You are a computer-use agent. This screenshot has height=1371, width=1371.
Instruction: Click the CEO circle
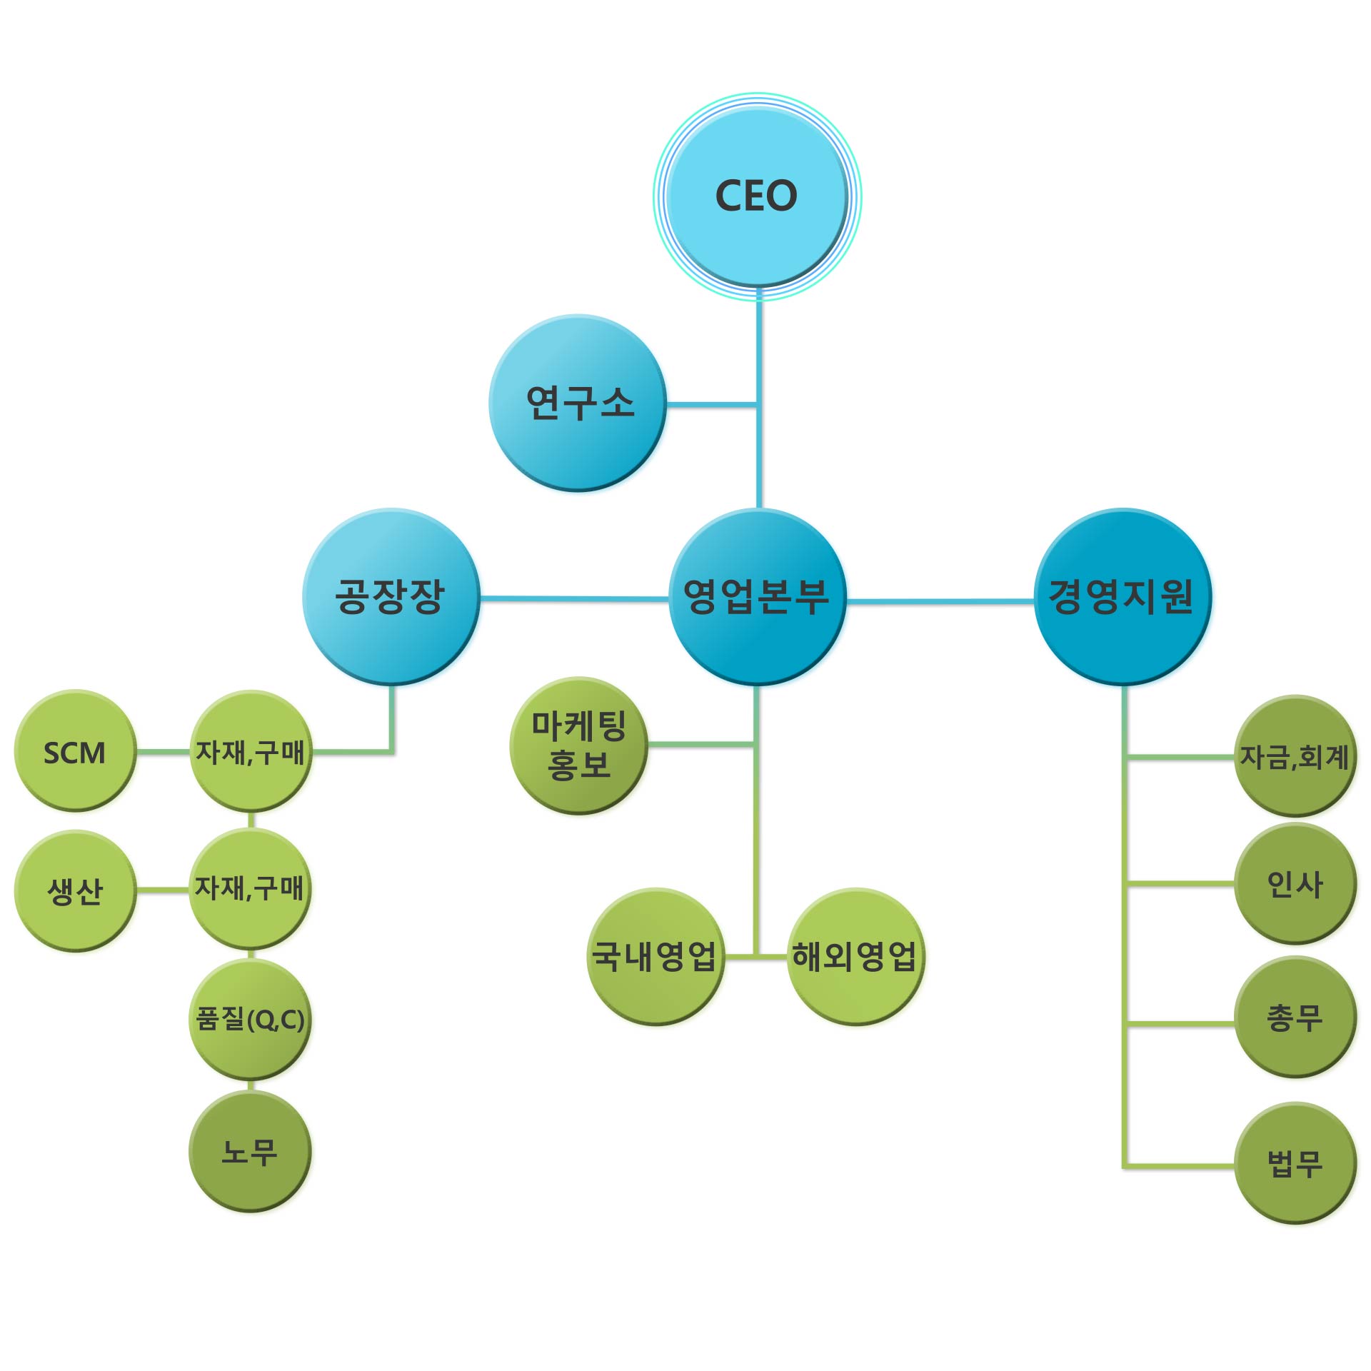click(x=757, y=196)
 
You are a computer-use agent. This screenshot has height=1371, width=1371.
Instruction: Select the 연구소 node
click(x=578, y=403)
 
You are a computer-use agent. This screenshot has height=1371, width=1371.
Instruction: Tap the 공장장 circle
click(x=391, y=596)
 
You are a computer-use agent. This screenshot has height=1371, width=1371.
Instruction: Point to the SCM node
click(x=75, y=751)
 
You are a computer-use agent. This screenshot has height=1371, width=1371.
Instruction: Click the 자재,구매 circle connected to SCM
click(x=250, y=751)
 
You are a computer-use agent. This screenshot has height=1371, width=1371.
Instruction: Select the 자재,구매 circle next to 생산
click(x=250, y=889)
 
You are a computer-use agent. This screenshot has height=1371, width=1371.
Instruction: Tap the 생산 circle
click(x=75, y=890)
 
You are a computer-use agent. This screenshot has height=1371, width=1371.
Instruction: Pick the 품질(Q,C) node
click(x=250, y=1020)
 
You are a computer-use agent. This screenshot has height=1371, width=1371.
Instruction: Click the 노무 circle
click(x=250, y=1151)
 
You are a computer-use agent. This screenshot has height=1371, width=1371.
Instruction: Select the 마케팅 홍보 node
click(x=578, y=745)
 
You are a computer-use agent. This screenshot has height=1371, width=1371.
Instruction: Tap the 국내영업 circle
click(x=655, y=956)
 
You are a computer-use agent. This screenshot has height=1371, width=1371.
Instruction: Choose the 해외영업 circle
click(x=855, y=956)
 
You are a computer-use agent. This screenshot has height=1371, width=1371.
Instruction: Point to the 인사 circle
click(x=1294, y=884)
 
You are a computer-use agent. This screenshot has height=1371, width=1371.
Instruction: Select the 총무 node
click(x=1294, y=1017)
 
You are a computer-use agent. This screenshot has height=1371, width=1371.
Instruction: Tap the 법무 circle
click(x=1294, y=1164)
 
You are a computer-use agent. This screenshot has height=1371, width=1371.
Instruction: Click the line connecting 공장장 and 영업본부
click(x=575, y=598)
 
